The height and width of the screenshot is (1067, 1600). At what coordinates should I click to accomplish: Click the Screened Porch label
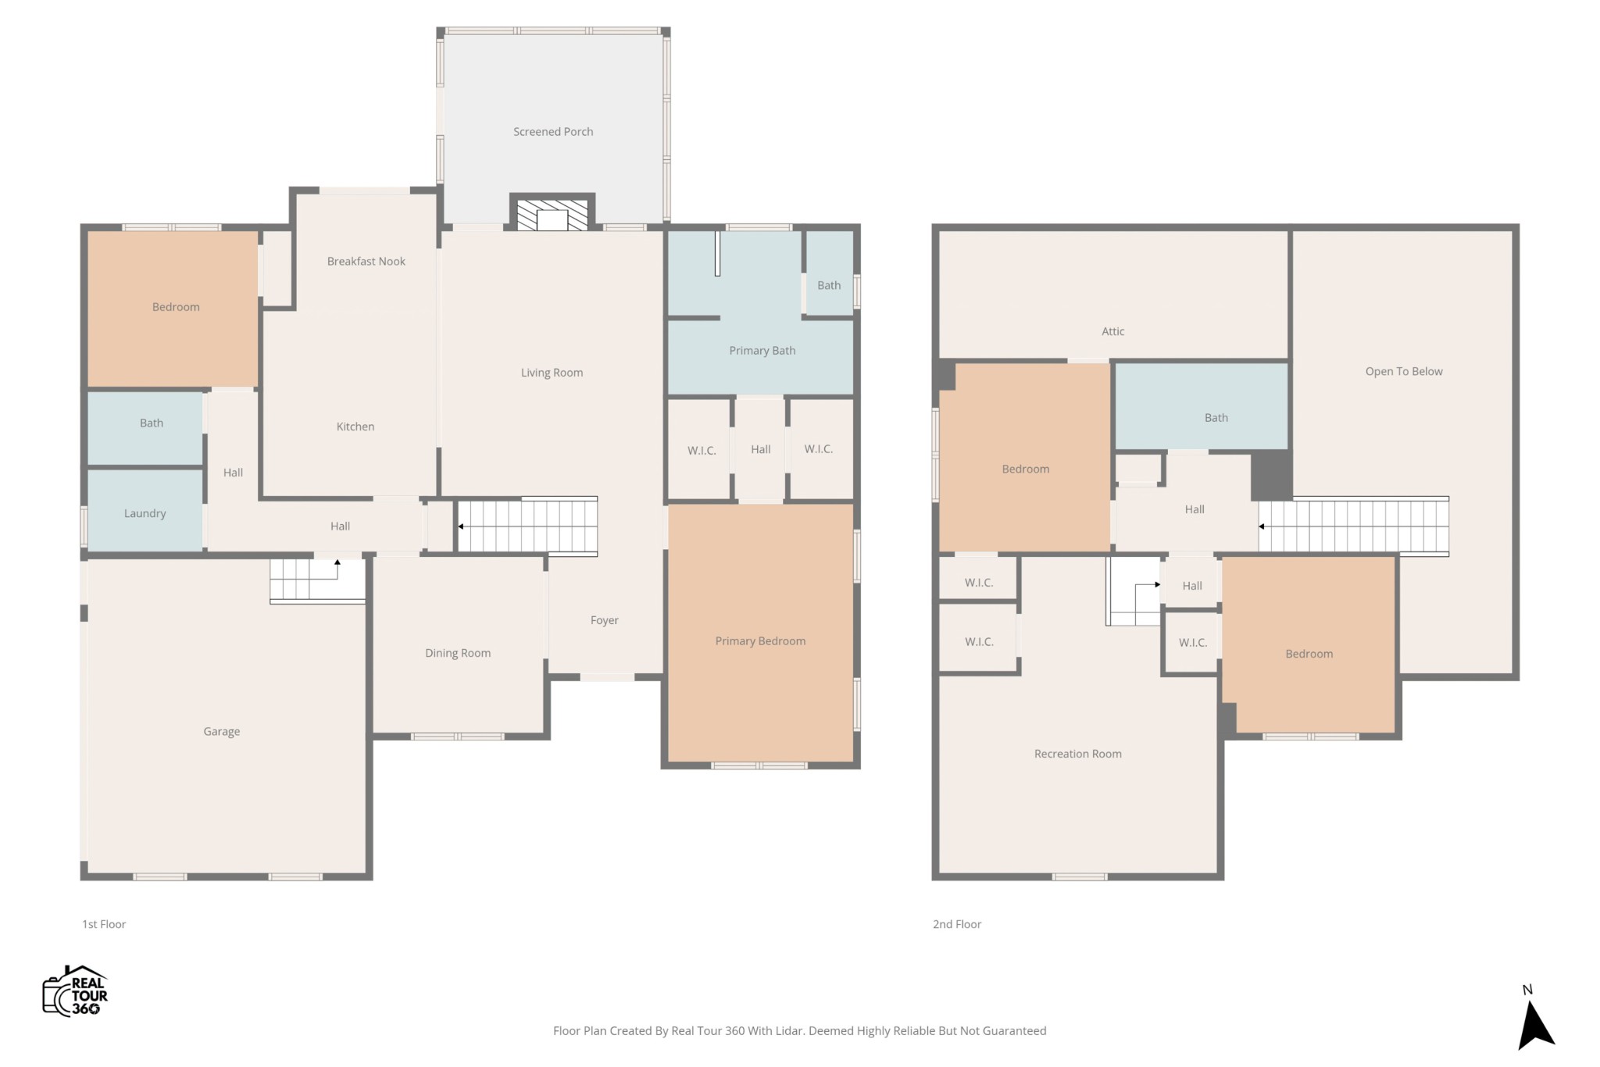click(x=553, y=132)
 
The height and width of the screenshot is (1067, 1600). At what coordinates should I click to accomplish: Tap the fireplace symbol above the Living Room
click(x=552, y=215)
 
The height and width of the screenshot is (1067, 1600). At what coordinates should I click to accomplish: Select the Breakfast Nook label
click(x=366, y=262)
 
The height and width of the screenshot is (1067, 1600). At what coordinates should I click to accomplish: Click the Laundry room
click(x=145, y=510)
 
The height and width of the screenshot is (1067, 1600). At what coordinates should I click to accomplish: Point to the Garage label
click(x=222, y=732)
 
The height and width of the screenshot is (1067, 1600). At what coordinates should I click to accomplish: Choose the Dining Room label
click(x=458, y=653)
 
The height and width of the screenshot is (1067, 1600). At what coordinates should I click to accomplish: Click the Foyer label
click(x=604, y=620)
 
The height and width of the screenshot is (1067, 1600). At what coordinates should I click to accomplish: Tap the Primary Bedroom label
click(x=760, y=641)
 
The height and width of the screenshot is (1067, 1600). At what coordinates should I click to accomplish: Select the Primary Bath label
click(x=762, y=351)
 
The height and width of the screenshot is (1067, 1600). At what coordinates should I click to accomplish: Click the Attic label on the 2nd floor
click(x=1112, y=331)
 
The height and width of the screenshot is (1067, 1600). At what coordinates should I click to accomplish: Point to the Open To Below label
click(x=1404, y=372)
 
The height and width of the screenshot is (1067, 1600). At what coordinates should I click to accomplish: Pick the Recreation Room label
click(x=1078, y=754)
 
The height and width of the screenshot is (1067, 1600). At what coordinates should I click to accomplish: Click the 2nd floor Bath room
click(x=1202, y=407)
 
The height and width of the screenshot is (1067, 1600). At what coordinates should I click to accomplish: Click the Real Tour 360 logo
click(x=75, y=990)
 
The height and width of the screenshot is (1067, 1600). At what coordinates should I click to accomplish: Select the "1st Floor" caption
click(x=104, y=924)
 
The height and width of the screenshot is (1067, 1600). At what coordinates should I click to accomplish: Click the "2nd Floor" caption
click(x=957, y=924)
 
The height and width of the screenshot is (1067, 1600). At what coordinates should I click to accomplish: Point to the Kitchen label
click(x=355, y=426)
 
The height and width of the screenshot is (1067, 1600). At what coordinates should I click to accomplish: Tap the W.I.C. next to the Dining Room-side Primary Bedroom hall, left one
click(x=702, y=451)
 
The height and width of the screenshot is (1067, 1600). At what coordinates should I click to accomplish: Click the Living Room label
click(x=552, y=373)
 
